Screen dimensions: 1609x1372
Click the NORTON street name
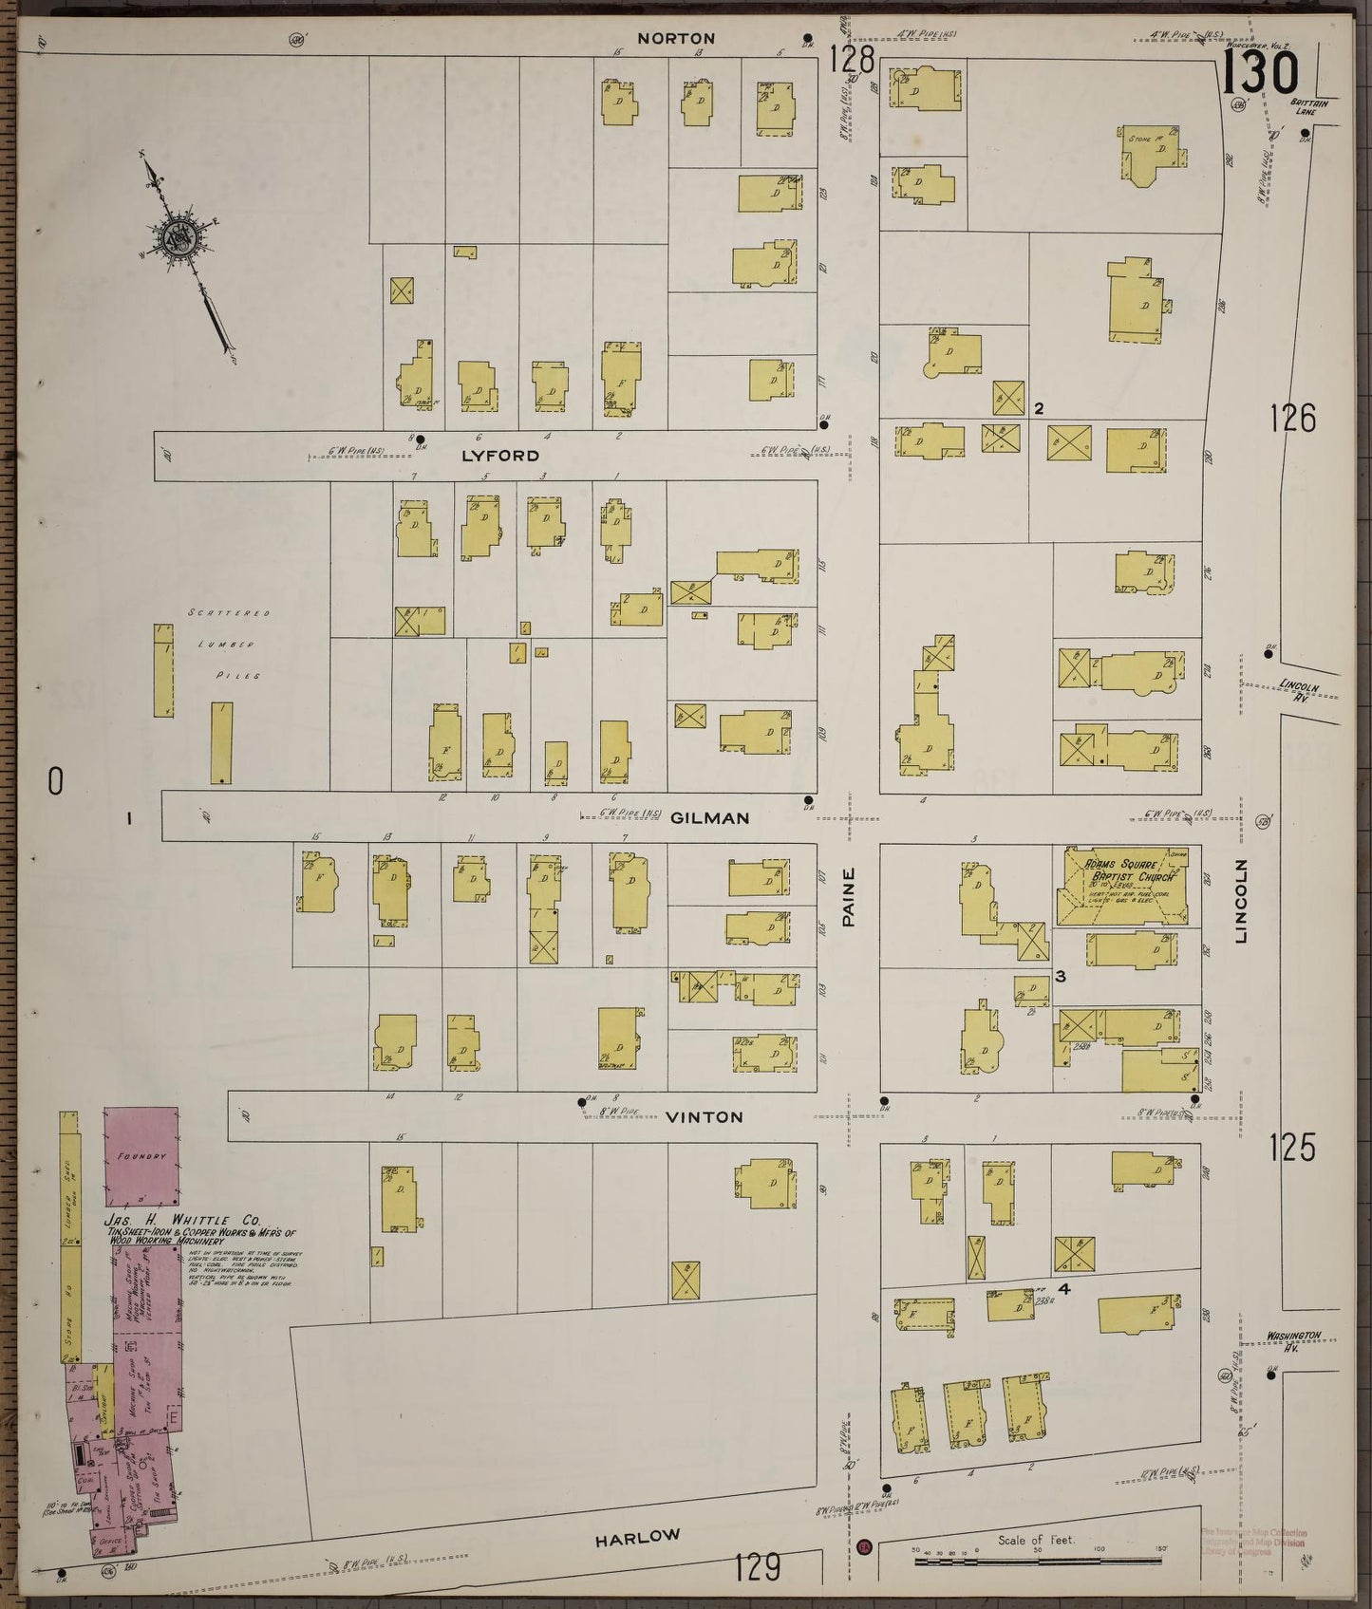pyautogui.click(x=676, y=39)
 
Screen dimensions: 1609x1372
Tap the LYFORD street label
pyautogui.click(x=499, y=456)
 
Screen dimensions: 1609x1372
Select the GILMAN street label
pyautogui.click(x=710, y=817)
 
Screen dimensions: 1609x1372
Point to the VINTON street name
pyautogui.click(x=705, y=1117)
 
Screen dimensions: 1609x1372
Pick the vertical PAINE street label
pyautogui.click(x=849, y=897)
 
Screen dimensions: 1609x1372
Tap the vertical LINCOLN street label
pyautogui.click(x=1241, y=901)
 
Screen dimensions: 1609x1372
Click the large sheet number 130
pyautogui.click(x=1260, y=74)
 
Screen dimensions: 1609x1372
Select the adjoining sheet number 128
pyautogui.click(x=851, y=61)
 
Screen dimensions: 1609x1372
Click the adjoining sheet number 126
pyautogui.click(x=1292, y=419)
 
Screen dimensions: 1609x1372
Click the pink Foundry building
pyautogui.click(x=141, y=1154)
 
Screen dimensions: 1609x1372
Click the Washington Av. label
pyautogui.click(x=1292, y=1339)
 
